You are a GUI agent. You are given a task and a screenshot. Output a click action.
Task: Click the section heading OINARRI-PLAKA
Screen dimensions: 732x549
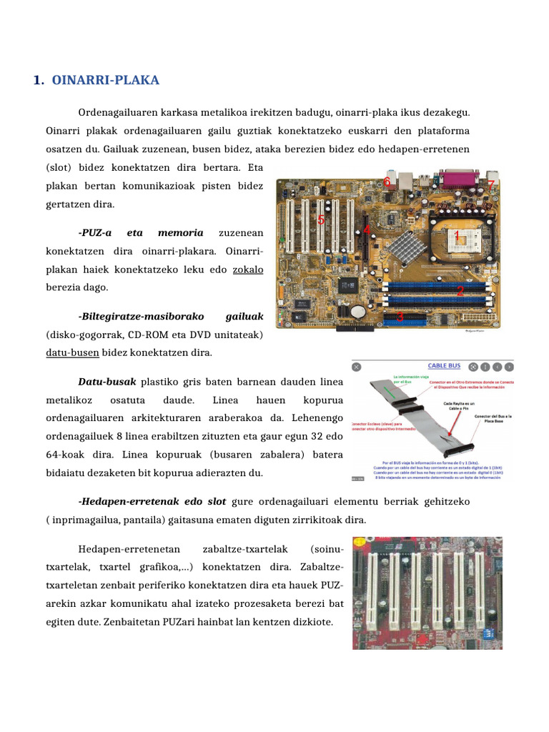click(105, 80)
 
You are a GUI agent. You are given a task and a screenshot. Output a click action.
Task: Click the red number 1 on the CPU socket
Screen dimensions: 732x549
click(457, 235)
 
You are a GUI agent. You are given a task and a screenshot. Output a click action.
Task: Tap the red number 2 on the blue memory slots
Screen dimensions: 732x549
click(460, 290)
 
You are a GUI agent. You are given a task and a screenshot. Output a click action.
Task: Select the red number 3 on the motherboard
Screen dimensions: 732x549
click(400, 317)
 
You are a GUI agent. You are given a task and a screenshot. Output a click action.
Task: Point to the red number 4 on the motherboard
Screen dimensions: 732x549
click(367, 230)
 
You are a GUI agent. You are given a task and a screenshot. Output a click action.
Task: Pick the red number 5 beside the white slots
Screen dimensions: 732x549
click(321, 220)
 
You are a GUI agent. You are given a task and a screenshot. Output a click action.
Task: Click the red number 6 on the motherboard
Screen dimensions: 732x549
click(387, 182)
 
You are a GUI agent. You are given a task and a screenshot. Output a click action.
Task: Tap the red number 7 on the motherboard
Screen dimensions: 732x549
click(490, 185)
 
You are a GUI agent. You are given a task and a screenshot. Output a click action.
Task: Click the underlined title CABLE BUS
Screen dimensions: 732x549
click(444, 365)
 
